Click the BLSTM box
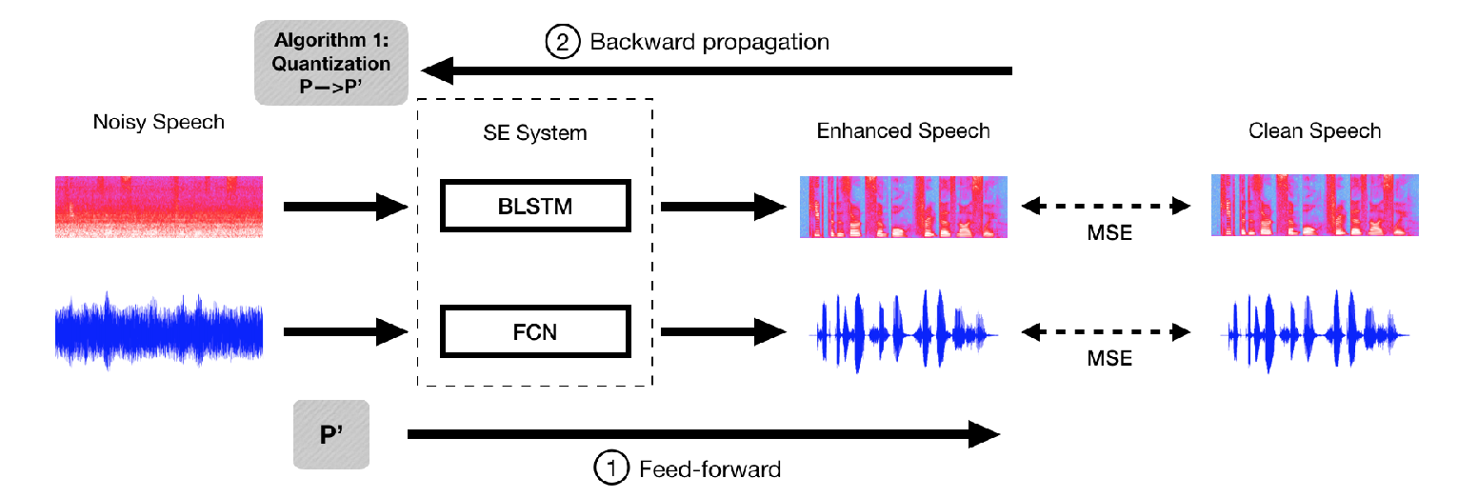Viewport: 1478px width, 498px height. [x=535, y=206]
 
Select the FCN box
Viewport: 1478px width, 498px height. [x=535, y=331]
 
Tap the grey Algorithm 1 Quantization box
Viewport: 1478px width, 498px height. [x=331, y=63]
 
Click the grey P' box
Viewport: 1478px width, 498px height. [x=331, y=434]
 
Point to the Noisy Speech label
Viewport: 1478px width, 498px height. [x=159, y=122]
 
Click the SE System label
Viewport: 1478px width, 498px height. [x=535, y=132]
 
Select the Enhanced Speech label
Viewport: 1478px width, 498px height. [x=904, y=130]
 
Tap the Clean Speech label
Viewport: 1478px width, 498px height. [x=1314, y=130]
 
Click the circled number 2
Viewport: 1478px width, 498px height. [x=562, y=42]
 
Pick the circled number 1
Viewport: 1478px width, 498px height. [x=611, y=468]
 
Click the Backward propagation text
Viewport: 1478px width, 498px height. [x=709, y=42]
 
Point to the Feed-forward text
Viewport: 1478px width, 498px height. [x=710, y=469]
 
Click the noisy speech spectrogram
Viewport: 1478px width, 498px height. [x=159, y=207]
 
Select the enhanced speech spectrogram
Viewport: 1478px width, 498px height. [x=904, y=207]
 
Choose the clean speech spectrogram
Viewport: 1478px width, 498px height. [x=1315, y=205]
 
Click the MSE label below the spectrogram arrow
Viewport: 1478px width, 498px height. [x=1109, y=233]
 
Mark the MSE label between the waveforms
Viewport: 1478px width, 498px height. [x=1109, y=358]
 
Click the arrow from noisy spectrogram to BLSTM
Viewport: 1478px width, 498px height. [x=346, y=207]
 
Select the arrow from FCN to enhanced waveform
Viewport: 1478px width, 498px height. [x=723, y=331]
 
